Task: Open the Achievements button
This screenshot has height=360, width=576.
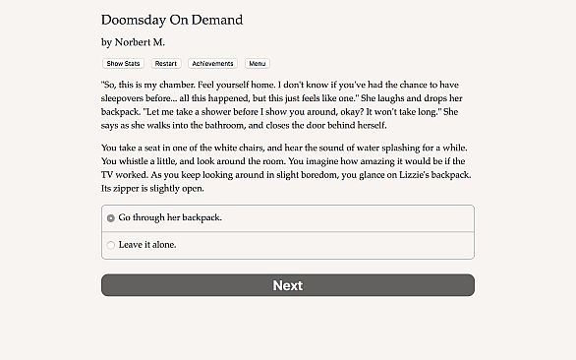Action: [x=213, y=63]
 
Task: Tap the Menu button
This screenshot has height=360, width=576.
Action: [x=257, y=63]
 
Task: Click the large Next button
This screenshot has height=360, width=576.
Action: [x=287, y=285]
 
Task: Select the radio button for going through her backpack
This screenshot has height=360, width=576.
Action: [x=111, y=217]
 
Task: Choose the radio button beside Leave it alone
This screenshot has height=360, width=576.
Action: [x=111, y=244]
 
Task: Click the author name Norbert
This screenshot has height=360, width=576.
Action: [x=140, y=42]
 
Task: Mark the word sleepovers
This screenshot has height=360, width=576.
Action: [x=131, y=99]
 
